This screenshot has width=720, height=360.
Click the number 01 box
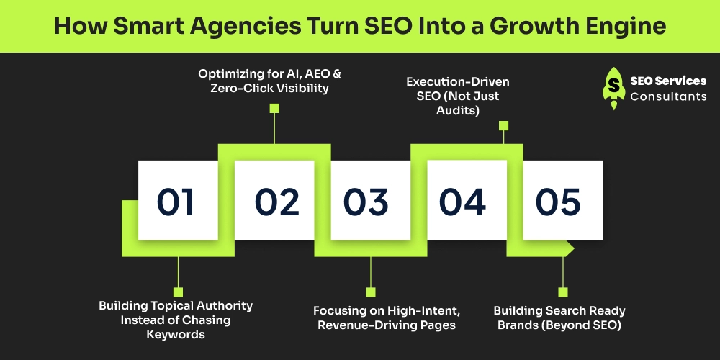pyautogui.click(x=177, y=200)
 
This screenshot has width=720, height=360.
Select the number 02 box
pyautogui.click(x=274, y=200)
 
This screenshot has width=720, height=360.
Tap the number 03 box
pyautogui.click(x=370, y=200)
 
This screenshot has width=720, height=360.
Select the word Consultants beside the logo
pyautogui.click(x=668, y=96)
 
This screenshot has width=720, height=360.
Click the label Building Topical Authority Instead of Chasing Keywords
pyautogui.click(x=176, y=320)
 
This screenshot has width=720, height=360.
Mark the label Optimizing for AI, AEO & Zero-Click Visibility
pyautogui.click(x=274, y=81)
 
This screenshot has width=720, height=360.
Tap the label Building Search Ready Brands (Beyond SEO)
pyautogui.click(x=559, y=318)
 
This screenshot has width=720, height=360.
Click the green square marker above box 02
pyautogui.click(x=274, y=109)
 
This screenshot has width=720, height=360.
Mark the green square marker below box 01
pyautogui.click(x=177, y=292)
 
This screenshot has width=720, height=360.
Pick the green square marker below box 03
pyautogui.click(x=371, y=292)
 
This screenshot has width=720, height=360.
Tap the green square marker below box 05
pyautogui.click(x=563, y=292)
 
